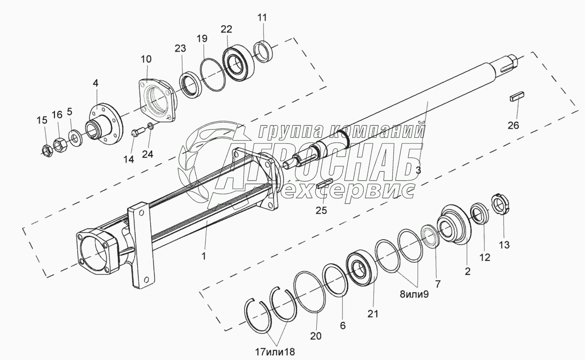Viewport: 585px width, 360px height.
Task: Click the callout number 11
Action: pyautogui.click(x=262, y=18)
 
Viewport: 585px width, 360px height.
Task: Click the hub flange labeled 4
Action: pyautogui.click(x=102, y=123)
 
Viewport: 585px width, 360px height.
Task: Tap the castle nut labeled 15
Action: pyautogui.click(x=46, y=150)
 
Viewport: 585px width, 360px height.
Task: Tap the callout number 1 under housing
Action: pyautogui.click(x=203, y=257)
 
